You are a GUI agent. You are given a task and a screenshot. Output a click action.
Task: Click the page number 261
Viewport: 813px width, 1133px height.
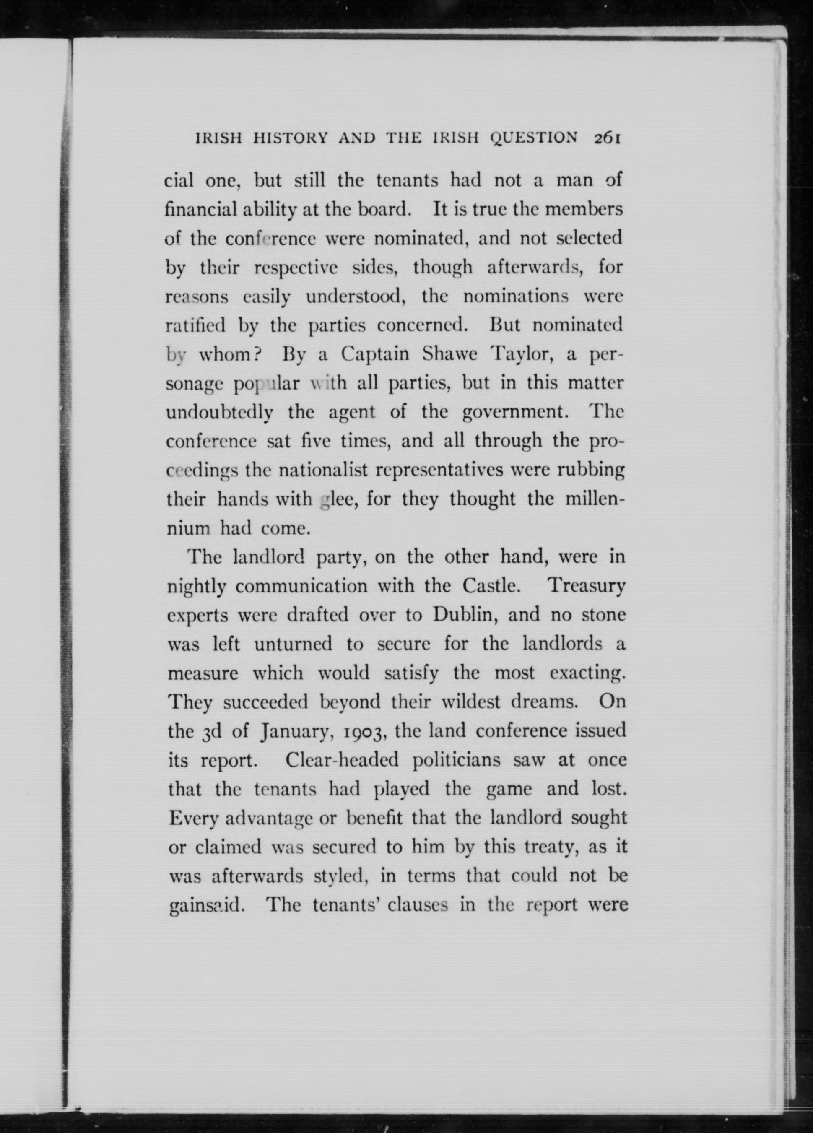pyautogui.click(x=607, y=138)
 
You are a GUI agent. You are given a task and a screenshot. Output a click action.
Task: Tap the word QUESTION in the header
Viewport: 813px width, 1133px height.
pyautogui.click(x=534, y=138)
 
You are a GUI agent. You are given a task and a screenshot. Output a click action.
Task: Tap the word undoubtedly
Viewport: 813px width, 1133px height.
pyautogui.click(x=220, y=413)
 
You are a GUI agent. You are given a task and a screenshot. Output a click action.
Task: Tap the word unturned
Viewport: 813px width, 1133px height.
pyautogui.click(x=293, y=644)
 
